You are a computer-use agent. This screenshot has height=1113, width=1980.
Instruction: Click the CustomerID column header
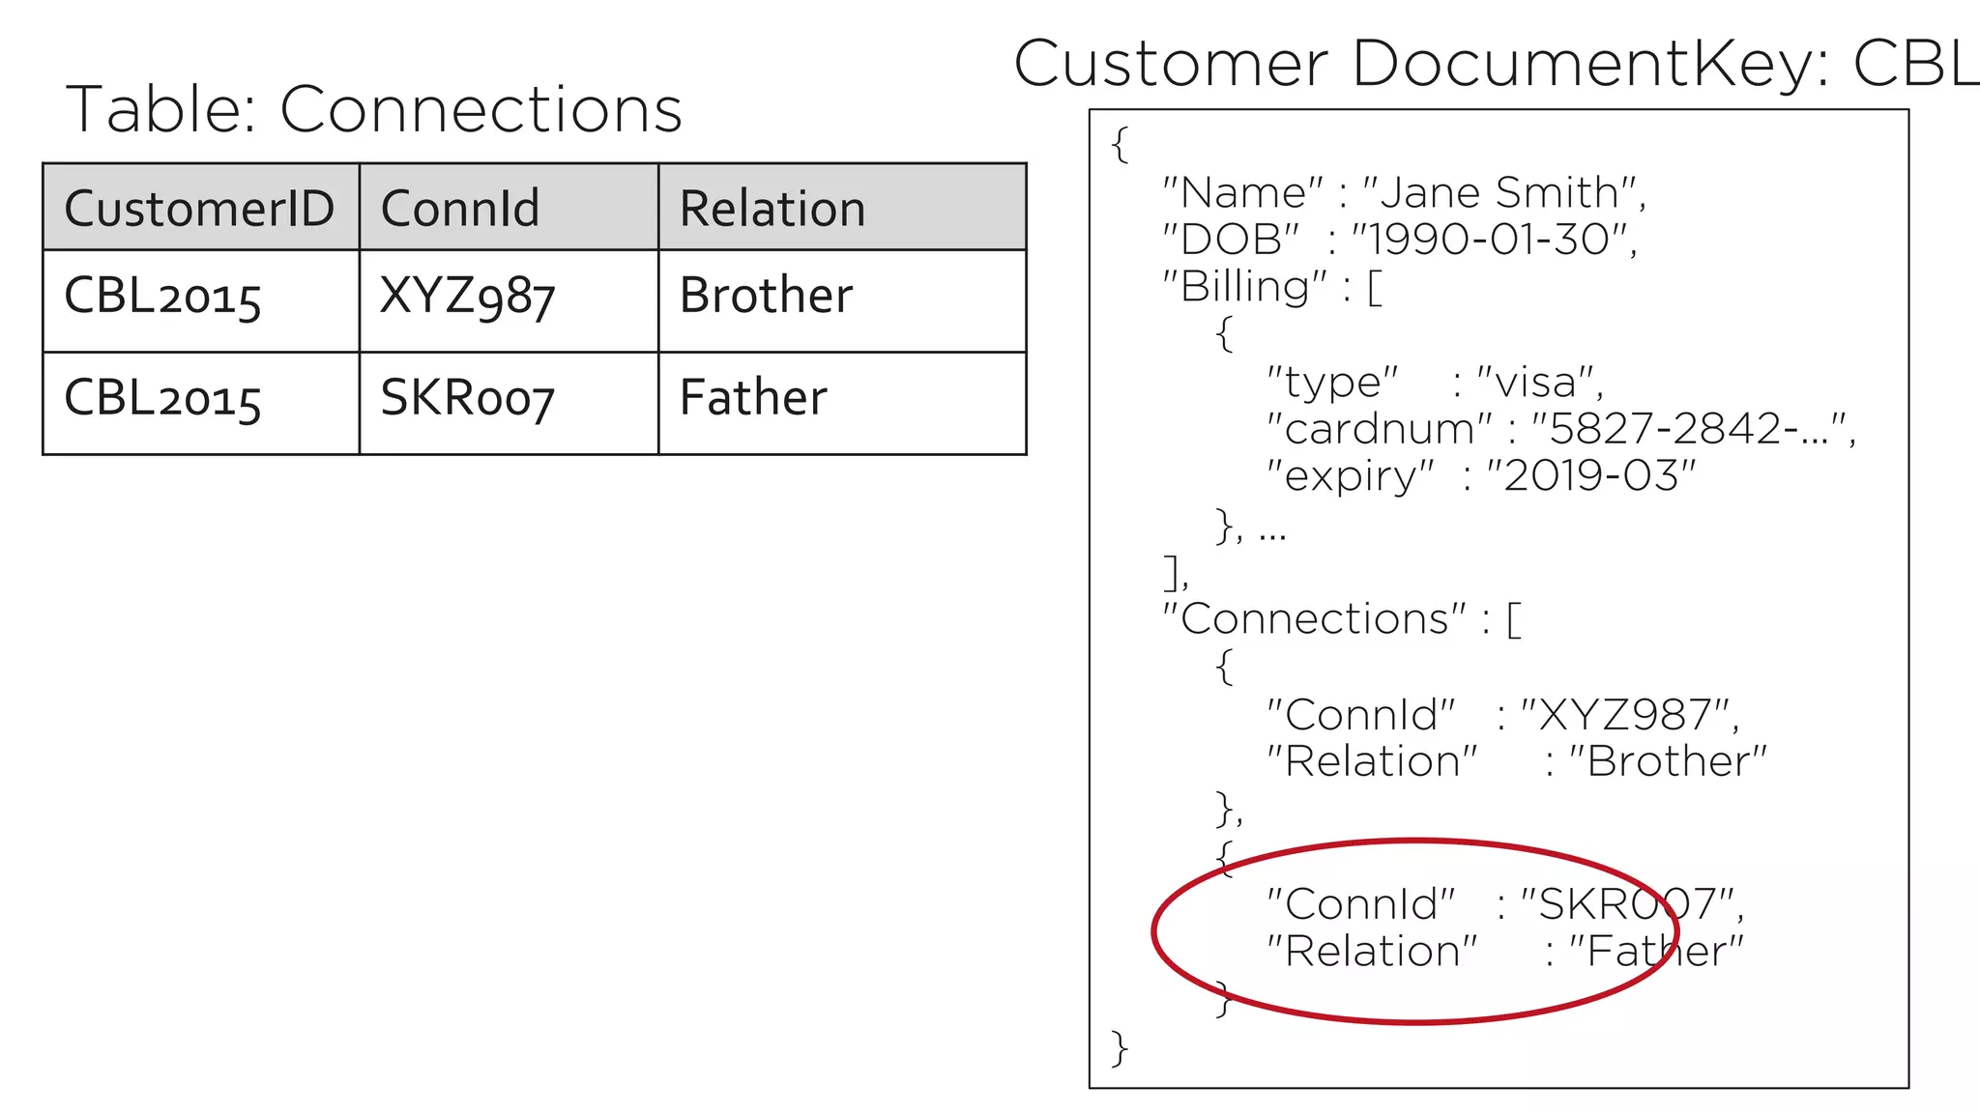pos(199,209)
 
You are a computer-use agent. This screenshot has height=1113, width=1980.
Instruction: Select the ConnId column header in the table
pos(459,209)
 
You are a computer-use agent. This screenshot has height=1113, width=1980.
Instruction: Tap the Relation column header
pos(772,209)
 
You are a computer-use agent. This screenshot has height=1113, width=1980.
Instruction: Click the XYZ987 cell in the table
pos(467,296)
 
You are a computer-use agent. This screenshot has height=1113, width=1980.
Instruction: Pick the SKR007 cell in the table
pos(467,398)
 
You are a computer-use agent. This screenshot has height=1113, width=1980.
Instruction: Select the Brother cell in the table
pos(766,296)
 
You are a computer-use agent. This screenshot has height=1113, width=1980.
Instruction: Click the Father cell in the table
pos(753,398)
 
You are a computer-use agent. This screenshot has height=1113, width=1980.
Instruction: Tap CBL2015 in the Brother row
pos(162,296)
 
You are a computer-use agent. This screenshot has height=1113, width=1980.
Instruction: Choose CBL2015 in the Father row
pos(162,398)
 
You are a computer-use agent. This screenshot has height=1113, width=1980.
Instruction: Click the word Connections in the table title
pos(480,109)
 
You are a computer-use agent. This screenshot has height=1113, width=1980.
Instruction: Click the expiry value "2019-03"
pos(1590,475)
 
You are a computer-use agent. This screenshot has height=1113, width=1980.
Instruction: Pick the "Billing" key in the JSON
pos(1244,287)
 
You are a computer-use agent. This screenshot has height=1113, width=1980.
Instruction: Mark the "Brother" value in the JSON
pos(1667,762)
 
